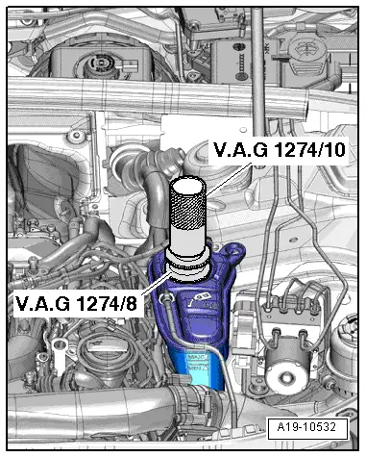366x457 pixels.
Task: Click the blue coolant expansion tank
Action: pyautogui.click(x=207, y=317)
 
